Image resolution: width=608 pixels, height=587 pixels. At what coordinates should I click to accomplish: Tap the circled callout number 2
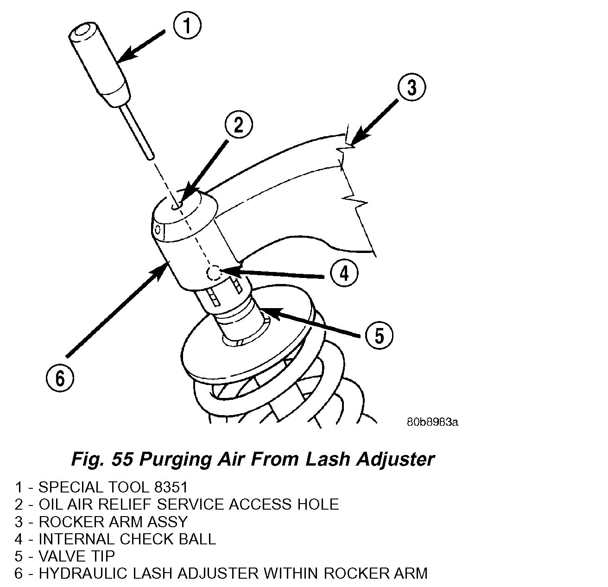point(239,125)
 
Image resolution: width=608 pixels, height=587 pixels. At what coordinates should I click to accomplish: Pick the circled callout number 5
point(379,335)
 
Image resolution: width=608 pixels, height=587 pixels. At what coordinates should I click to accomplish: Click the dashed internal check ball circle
point(214,273)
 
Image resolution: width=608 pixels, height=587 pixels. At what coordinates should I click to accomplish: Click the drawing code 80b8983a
point(432,422)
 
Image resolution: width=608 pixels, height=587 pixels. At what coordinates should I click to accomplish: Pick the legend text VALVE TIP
point(76,556)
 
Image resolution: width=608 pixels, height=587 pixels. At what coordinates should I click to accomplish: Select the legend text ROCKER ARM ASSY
point(113,522)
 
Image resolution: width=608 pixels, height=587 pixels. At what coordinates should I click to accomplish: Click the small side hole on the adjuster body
point(158,229)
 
